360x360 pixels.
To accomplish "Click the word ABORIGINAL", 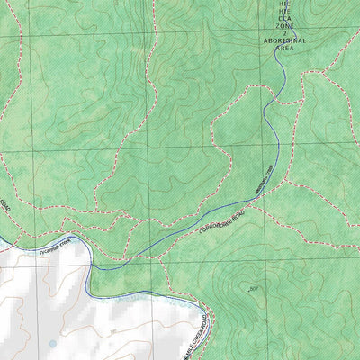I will pyautogui.click(x=283, y=41).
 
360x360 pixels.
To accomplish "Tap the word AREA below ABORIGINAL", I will pyautogui.click(x=283, y=49).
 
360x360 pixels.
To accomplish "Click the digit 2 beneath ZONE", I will pyautogui.click(x=283, y=34).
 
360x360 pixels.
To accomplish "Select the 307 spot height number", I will pyautogui.click(x=255, y=288).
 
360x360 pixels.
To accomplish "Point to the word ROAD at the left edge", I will pyautogui.click(x=4, y=206).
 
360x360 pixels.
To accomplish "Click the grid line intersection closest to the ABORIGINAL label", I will pyautogui.click(x=275, y=34).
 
